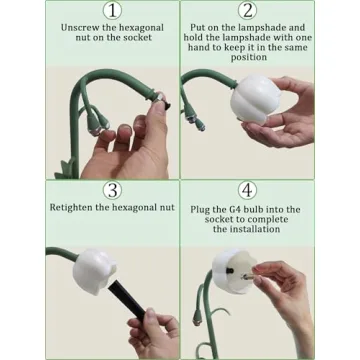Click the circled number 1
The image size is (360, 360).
[112, 11]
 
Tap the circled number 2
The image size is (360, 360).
[247, 11]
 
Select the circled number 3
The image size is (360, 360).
[112, 191]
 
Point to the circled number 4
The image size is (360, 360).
[247, 191]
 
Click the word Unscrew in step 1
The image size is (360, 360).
[78, 28]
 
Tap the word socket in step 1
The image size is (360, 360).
[138, 38]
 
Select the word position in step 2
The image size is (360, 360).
[249, 57]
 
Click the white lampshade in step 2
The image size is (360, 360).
[255, 98]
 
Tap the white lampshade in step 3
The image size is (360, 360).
[94, 272]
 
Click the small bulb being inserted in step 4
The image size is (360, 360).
[247, 277]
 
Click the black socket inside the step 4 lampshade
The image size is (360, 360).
[230, 270]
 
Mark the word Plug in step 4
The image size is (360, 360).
[200, 210]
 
